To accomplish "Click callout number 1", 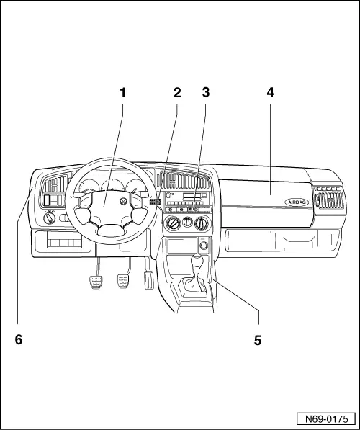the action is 123,92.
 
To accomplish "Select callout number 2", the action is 177,92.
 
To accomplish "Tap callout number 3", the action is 206,92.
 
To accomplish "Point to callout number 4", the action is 270,92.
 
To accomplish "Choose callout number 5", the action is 258,340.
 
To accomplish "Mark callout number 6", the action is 19,340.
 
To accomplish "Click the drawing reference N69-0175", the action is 327,419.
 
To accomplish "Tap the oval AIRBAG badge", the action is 297,202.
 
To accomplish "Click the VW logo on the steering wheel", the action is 125,201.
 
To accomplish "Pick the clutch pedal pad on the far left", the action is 96,282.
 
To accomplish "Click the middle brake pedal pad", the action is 123,282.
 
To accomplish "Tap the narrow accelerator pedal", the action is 148,279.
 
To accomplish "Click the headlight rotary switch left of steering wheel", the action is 50,218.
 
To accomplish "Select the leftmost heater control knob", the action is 173,223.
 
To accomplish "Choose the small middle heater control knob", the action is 187,221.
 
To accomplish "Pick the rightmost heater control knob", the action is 202,223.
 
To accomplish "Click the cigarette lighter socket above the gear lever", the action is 204,246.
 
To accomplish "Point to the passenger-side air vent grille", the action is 330,200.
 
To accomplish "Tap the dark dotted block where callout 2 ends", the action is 155,202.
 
